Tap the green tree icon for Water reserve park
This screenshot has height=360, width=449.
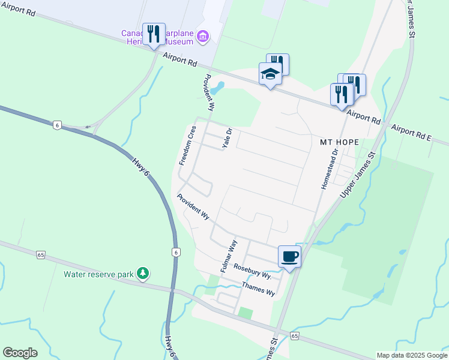(x=142, y=274)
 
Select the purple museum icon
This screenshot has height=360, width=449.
(x=203, y=37)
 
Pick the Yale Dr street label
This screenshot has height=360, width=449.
(x=227, y=139)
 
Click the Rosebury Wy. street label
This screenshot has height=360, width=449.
(x=253, y=271)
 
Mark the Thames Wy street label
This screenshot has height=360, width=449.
(x=258, y=288)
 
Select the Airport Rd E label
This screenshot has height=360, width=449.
(x=411, y=133)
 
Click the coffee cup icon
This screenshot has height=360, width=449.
(x=289, y=256)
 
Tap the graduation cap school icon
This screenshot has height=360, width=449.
(x=270, y=74)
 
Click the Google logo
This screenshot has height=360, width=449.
(x=20, y=353)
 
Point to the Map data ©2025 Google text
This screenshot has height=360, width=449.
(x=411, y=355)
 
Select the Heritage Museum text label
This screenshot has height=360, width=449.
(x=160, y=37)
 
